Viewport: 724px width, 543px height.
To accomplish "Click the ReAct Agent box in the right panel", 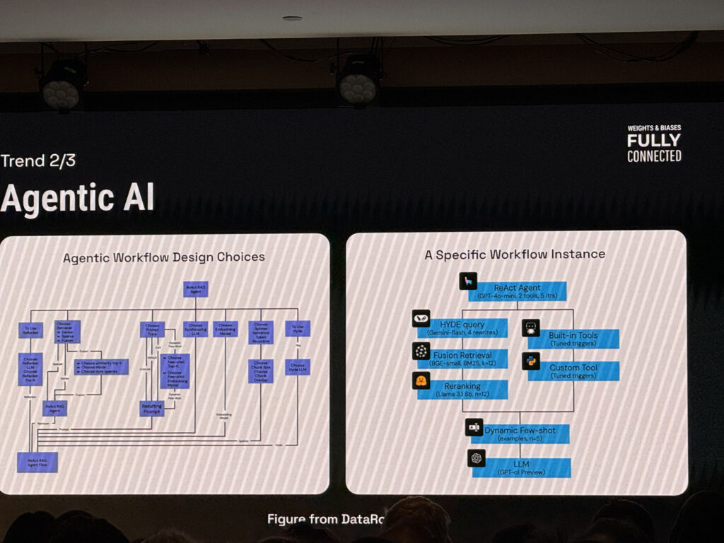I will (520, 291).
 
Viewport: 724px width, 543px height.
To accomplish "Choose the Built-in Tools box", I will (573, 339).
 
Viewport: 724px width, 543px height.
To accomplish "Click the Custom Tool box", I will (573, 371).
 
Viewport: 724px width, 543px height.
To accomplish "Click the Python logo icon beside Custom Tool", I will (531, 361).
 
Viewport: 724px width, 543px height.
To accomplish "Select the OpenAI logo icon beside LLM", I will (477, 459).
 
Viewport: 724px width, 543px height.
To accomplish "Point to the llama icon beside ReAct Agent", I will (467, 281).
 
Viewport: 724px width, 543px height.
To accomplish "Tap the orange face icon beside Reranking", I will (421, 381).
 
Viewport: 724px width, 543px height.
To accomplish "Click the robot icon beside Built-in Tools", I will (531, 328).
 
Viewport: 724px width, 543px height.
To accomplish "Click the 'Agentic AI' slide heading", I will (77, 199).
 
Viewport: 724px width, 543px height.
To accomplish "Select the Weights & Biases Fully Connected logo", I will (654, 144).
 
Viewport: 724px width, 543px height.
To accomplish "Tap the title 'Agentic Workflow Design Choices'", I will (164, 257).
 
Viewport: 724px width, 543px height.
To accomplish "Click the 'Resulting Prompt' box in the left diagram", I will (151, 408).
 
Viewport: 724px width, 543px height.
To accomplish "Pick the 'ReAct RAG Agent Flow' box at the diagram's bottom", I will (37, 462).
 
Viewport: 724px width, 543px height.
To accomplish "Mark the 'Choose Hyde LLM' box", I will (298, 367).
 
